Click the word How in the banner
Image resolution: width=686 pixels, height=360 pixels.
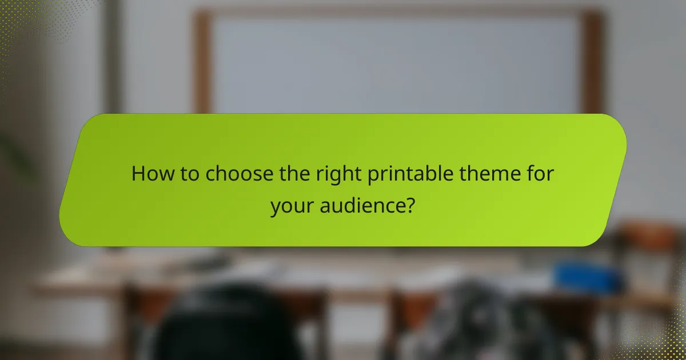pos(150,174)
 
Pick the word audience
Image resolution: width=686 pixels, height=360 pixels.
pos(366,205)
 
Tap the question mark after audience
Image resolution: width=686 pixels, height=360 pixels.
pos(409,205)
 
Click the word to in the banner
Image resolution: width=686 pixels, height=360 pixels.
pos(188,174)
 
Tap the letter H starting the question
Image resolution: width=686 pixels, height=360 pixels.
pos(137,174)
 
